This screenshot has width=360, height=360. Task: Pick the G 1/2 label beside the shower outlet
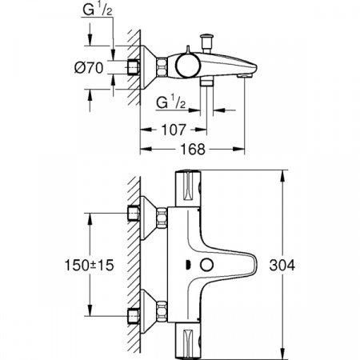coord(170,102)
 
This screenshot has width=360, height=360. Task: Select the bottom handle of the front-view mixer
coord(189,339)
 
